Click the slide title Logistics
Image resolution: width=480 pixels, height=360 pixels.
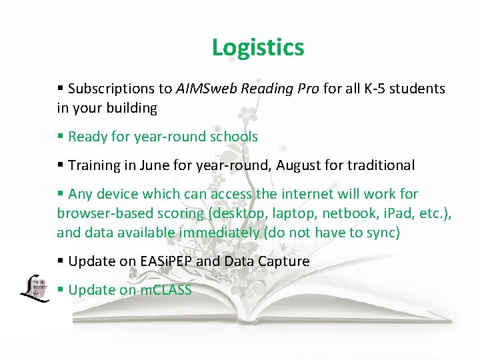(x=258, y=47)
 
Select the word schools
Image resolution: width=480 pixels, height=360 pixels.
(x=234, y=137)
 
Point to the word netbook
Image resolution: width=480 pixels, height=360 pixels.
(x=355, y=213)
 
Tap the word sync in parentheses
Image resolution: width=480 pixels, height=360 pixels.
(x=380, y=233)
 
